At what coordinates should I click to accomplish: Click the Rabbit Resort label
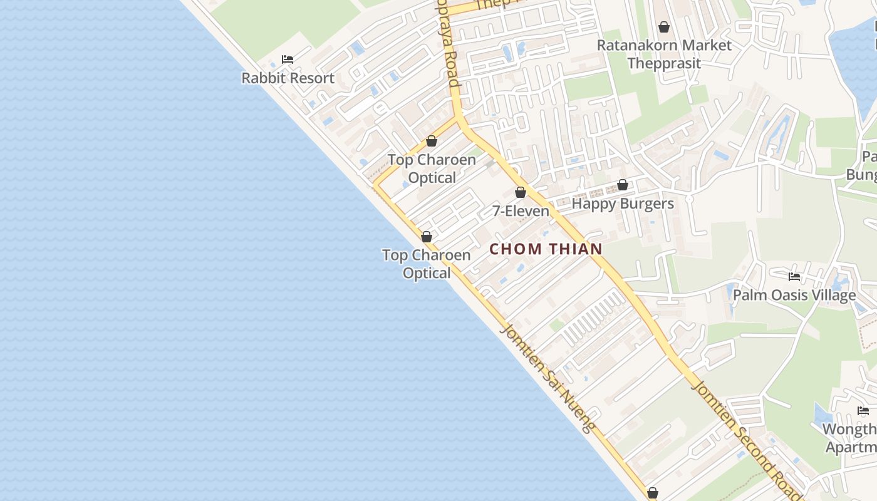(288, 78)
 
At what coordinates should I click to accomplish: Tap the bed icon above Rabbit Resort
(288, 59)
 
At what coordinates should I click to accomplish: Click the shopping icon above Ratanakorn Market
(663, 27)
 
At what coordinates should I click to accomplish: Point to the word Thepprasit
(663, 63)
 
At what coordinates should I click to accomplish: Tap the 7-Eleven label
(521, 211)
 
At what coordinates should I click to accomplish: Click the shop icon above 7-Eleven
(520, 192)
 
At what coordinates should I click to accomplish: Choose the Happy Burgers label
(623, 204)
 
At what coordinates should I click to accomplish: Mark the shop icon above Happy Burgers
(622, 185)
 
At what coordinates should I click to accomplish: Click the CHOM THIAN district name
(546, 249)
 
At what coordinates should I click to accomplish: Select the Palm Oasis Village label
(794, 295)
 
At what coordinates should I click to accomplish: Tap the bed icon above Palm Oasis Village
(794, 276)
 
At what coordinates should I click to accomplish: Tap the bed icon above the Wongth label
(863, 411)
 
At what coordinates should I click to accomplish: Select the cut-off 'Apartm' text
(852, 447)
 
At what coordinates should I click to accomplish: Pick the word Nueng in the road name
(577, 411)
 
